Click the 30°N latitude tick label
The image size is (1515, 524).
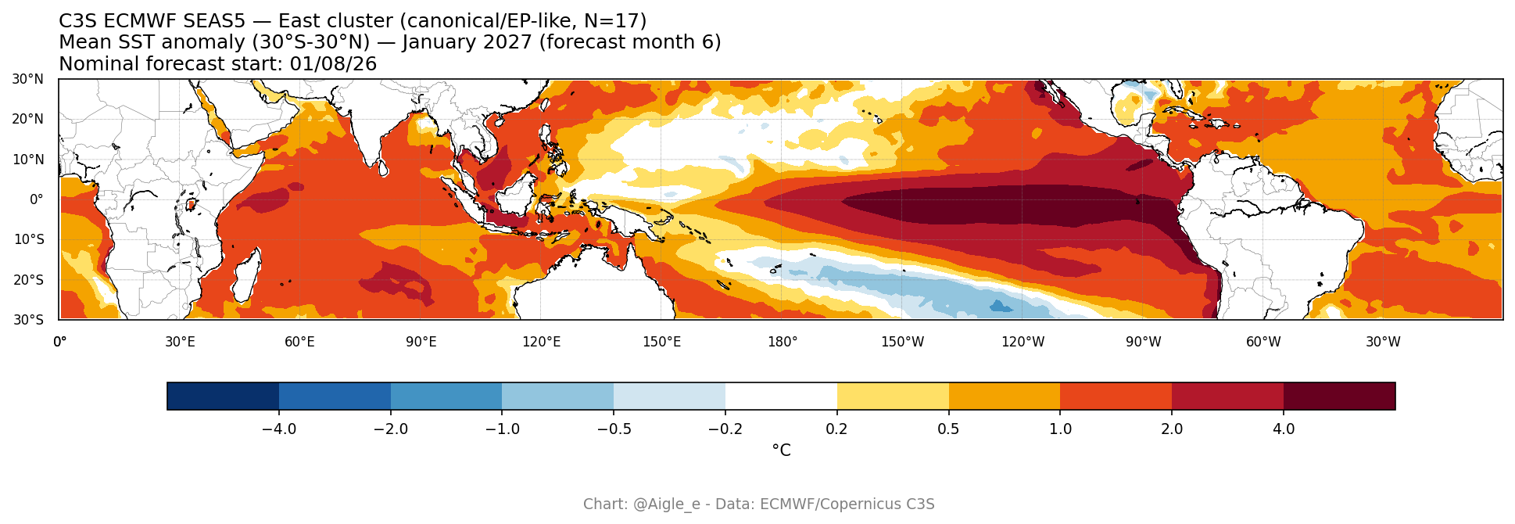click(x=27, y=79)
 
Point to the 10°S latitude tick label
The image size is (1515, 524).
click(x=27, y=239)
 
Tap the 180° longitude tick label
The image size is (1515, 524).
click(x=783, y=342)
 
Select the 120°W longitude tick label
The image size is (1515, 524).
click(x=1023, y=342)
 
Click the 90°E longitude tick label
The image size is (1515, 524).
click(x=421, y=342)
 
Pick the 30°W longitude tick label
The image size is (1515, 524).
click(x=1383, y=342)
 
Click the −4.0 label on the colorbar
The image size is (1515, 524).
click(x=278, y=429)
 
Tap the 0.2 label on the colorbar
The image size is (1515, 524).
click(x=837, y=429)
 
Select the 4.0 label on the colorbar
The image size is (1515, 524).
click(x=1284, y=429)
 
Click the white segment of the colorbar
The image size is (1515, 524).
click(x=781, y=397)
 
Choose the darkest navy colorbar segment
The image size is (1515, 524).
click(x=223, y=397)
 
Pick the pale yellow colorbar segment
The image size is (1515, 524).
click(x=893, y=397)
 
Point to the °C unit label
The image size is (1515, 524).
click(x=781, y=450)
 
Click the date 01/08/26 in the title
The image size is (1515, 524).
click(x=333, y=64)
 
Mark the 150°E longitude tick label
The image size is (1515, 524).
click(x=661, y=342)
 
